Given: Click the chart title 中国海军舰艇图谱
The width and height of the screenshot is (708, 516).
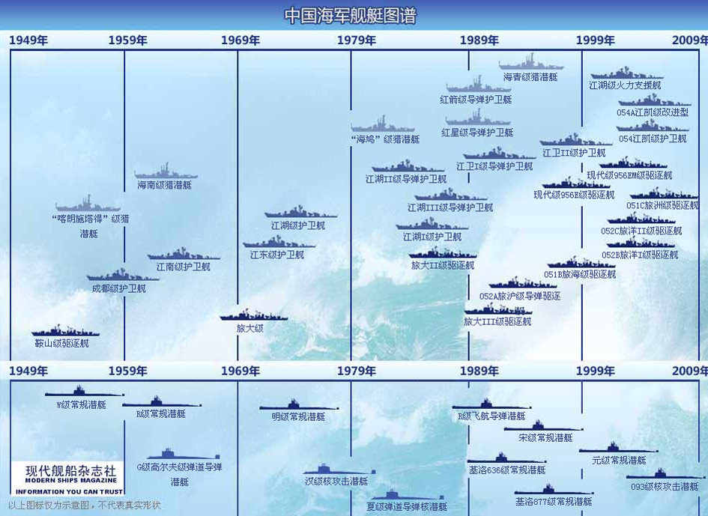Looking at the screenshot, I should pos(351,16).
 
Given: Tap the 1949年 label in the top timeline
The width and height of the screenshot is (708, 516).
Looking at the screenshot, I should pos(28,40).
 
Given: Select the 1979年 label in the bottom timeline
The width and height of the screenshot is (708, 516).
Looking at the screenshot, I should pos(357,371).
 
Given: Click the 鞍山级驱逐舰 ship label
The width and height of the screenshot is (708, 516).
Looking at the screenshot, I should pos(61,344).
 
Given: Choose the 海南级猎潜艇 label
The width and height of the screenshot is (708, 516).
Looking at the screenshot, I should pos(164,184).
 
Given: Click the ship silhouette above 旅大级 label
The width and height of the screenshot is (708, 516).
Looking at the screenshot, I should pos(254,316).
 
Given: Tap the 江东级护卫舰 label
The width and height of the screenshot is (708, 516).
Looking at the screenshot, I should pos(277,255).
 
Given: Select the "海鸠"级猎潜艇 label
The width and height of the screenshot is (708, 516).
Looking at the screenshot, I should pos(385,139).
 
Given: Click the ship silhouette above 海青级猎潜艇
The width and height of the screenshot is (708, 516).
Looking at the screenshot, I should pos(531,64).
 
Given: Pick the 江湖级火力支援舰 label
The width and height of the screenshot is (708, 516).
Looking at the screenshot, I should pos(626,85).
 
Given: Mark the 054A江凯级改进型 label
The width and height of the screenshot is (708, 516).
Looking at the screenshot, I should pos(653,112).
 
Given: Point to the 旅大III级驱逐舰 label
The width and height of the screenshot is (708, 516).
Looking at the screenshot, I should pos(497,321).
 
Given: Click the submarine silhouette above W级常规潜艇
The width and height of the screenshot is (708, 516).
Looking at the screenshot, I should pos(84,392).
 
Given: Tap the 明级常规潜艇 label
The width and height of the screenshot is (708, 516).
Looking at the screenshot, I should pos(298,416).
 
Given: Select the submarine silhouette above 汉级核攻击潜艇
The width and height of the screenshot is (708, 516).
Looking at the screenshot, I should pos(339,470).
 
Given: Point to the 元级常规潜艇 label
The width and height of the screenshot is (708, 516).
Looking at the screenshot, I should pos(619,460).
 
